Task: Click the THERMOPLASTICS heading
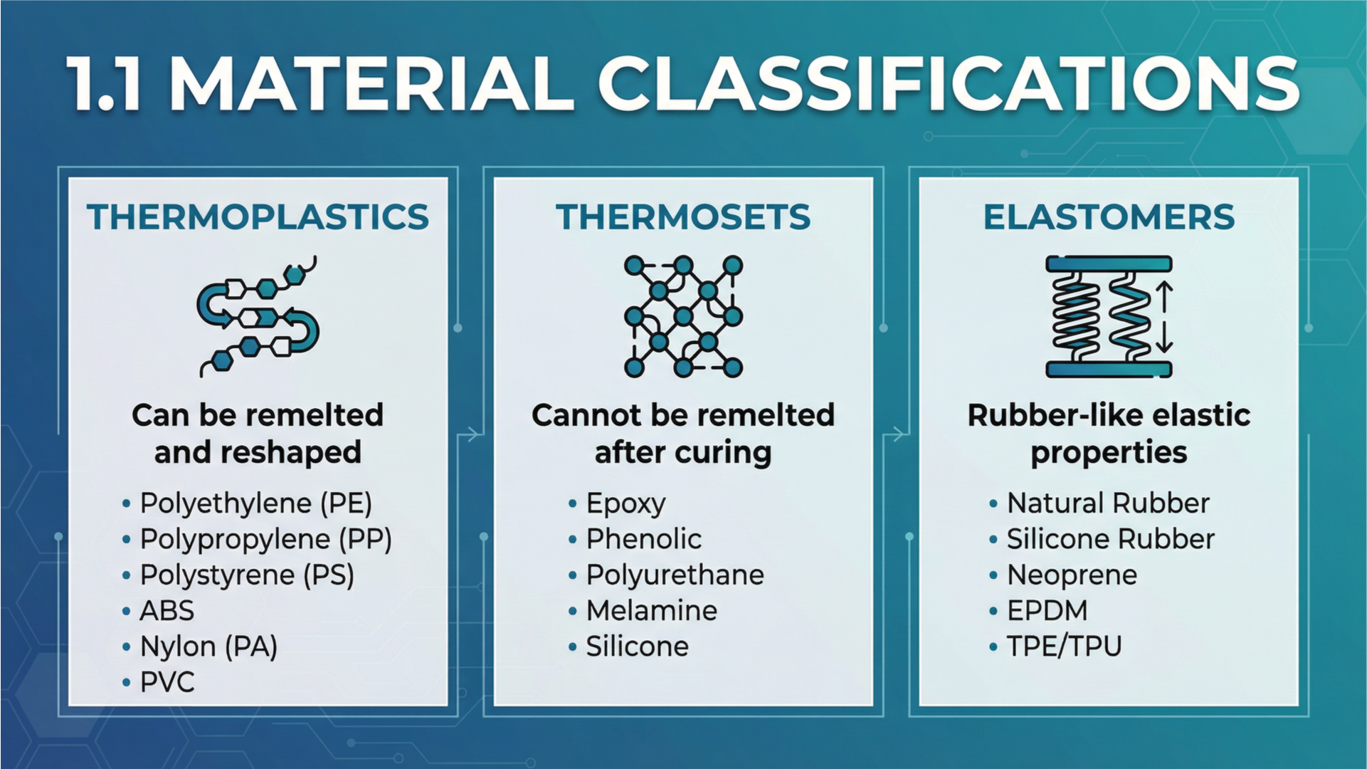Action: [x=258, y=217]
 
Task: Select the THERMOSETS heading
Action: [x=683, y=217]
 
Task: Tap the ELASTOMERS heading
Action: [x=1109, y=217]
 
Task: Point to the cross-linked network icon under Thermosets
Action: [x=683, y=316]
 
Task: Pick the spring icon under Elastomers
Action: [x=1109, y=316]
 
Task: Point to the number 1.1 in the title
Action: [x=105, y=84]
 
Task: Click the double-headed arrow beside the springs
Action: [x=1164, y=317]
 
